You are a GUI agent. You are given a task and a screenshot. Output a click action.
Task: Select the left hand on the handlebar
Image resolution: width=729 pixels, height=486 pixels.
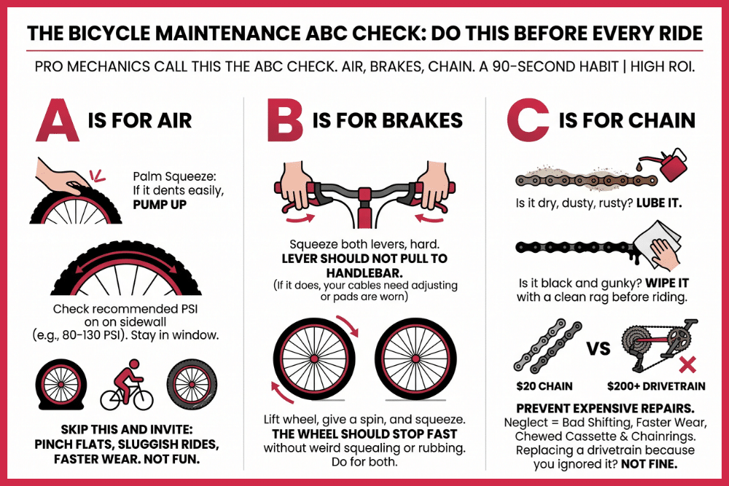[x=296, y=184]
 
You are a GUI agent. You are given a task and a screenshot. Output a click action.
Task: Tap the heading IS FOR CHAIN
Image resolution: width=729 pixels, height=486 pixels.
[x=626, y=120]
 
